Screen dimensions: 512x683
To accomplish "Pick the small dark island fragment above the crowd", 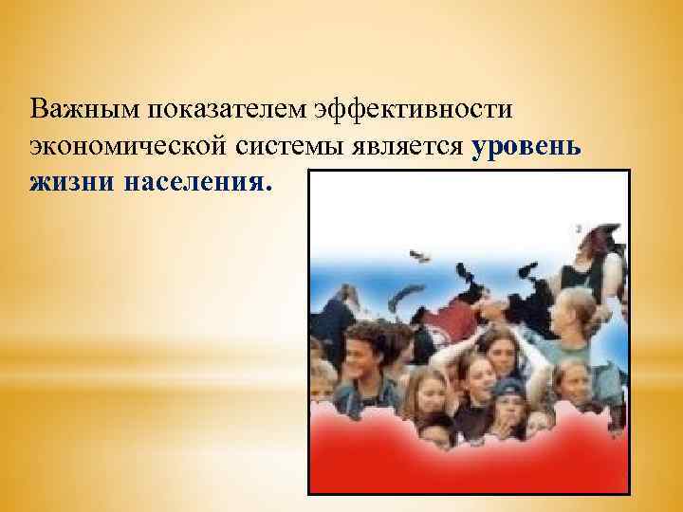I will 417,256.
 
